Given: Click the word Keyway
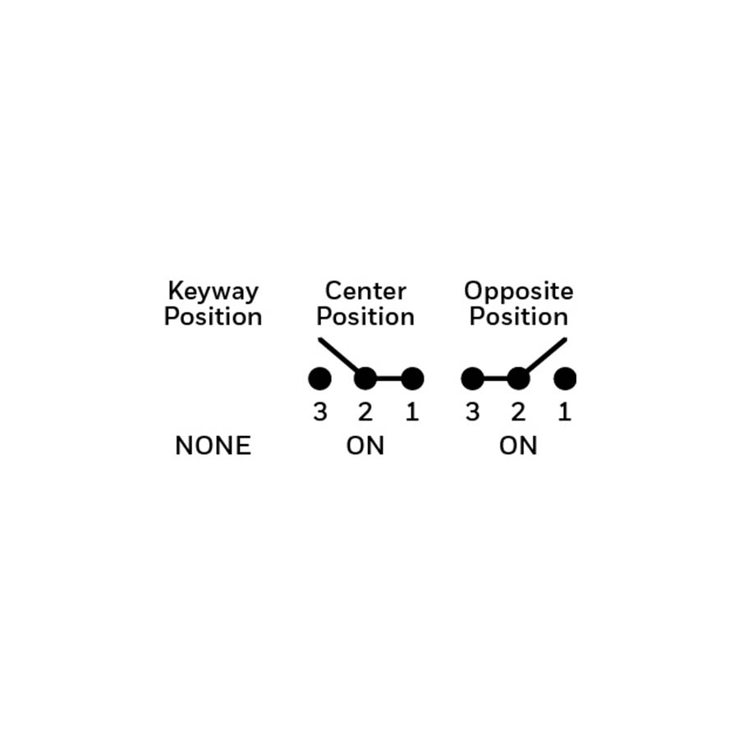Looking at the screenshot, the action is coord(213,292).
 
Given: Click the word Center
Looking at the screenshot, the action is coord(365,291).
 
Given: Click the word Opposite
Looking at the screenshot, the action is coord(518,292).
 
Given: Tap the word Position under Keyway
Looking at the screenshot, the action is coord(213,316).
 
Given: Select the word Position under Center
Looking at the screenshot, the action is coord(365,316).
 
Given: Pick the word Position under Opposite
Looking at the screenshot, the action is coord(518,316).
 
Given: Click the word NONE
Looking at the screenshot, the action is coord(213,445).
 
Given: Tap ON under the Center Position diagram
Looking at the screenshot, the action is coord(365,445).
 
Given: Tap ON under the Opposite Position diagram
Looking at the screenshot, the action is coord(518,445).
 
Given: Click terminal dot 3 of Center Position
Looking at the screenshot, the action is coord(319,379).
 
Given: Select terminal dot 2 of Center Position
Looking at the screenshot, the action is coord(365,379).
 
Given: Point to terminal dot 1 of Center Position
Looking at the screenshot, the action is coord(412,379).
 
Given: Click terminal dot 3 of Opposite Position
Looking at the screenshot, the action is coord(472,379).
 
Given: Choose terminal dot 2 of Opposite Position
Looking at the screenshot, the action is coord(518,379).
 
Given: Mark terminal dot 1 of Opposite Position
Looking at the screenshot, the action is coord(565,379).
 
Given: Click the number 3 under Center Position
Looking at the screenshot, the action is coord(320,412).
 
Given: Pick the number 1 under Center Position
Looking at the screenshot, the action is coord(412,412).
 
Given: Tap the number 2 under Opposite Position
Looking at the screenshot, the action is coord(518,412).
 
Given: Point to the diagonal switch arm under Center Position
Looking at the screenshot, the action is coord(339,356).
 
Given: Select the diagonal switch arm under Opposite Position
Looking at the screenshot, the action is coord(545,356).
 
